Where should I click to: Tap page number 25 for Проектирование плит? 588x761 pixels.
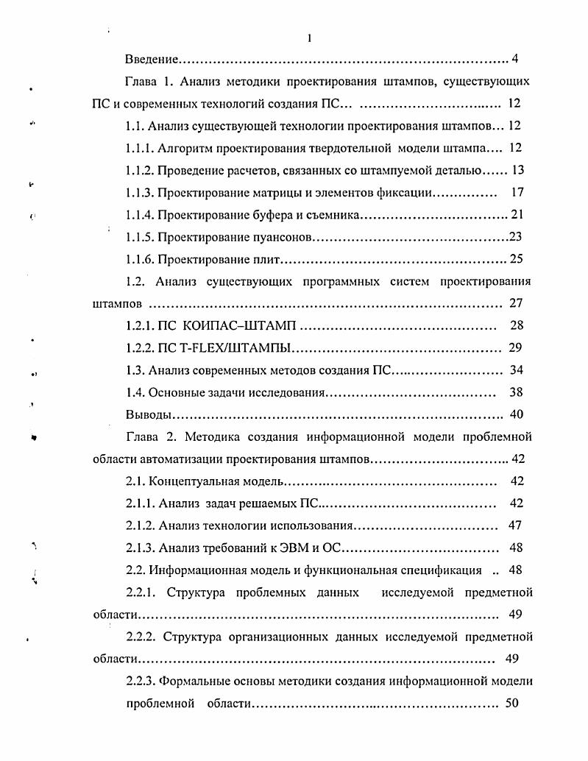516,259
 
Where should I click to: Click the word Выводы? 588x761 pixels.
149,414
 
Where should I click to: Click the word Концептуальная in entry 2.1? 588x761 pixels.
194,481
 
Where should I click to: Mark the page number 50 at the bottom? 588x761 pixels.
512,704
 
